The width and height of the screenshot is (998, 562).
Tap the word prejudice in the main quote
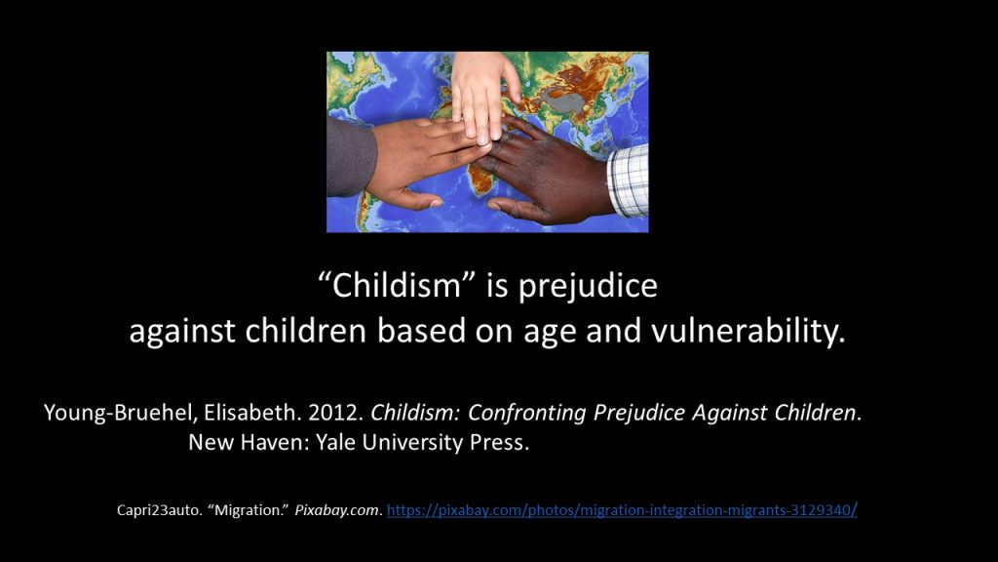pyautogui.click(x=588, y=287)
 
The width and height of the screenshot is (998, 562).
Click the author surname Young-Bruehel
pyautogui.click(x=119, y=414)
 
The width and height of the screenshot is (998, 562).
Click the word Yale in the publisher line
pyautogui.click(x=336, y=442)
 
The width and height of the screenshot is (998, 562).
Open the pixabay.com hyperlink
pyautogui.click(x=622, y=510)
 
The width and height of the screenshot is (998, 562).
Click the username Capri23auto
pyautogui.click(x=159, y=510)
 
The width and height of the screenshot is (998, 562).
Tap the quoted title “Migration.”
pyautogui.click(x=249, y=510)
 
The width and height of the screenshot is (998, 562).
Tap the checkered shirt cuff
pyautogui.click(x=629, y=181)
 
